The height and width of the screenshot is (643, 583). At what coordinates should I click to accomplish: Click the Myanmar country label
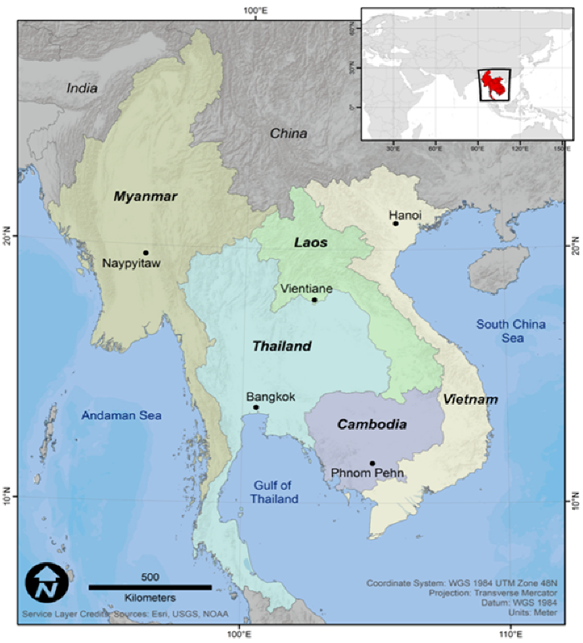[146, 197]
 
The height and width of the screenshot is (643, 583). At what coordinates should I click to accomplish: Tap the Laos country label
[311, 243]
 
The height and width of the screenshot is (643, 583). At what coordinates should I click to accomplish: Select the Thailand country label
[282, 346]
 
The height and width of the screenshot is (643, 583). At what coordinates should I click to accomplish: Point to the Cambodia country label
[371, 424]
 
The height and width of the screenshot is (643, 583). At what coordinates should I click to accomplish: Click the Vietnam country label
[471, 400]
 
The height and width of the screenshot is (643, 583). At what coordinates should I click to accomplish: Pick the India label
[82, 87]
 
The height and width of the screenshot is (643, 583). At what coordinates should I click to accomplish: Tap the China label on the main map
[288, 133]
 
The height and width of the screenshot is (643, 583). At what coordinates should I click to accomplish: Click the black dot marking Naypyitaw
[146, 252]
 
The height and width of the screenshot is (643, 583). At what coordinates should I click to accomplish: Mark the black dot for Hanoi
[396, 223]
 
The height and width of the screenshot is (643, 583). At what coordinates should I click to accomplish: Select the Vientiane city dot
[314, 300]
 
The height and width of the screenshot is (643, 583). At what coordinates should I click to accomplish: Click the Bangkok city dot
[256, 407]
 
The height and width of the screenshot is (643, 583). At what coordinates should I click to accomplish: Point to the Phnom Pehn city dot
[372, 463]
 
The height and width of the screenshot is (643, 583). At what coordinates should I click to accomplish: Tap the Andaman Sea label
[121, 415]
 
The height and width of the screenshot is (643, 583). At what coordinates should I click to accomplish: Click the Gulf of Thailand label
[276, 492]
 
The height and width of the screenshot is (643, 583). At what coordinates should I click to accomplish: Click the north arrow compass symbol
[45, 583]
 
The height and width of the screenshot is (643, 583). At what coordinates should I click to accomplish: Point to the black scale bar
[150, 587]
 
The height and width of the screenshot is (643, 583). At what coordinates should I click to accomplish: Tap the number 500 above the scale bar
[150, 576]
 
